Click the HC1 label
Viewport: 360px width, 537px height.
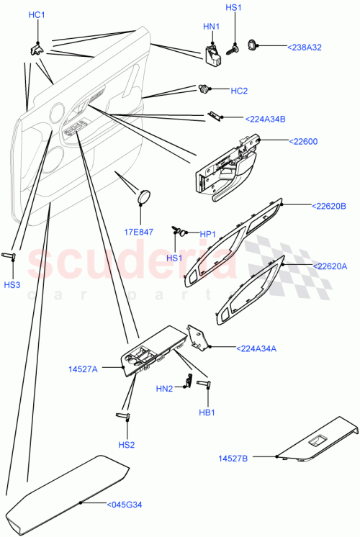(37, 15)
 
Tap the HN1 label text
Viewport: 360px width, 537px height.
(211, 27)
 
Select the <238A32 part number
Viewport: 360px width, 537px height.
(305, 47)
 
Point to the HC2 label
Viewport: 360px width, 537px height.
(239, 91)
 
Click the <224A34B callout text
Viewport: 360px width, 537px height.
(265, 119)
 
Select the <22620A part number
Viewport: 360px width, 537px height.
(329, 266)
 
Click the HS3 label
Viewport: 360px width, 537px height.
(14, 285)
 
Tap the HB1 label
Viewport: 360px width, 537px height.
(207, 412)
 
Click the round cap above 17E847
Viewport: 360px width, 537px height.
(145, 196)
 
